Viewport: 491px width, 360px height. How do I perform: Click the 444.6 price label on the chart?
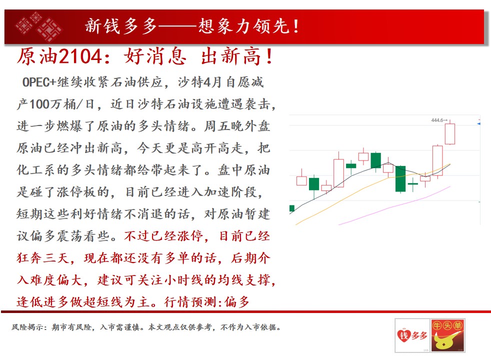[x=437, y=120]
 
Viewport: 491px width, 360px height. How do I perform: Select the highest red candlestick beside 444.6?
[x=450, y=133]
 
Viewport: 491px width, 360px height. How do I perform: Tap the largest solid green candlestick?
[x=400, y=178]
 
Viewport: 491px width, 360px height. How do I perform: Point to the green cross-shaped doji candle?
[x=412, y=183]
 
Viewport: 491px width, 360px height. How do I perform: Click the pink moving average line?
[x=394, y=205]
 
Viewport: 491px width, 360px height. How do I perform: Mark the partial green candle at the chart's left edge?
[x=292, y=208]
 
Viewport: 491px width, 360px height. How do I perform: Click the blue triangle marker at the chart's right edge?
[x=478, y=124]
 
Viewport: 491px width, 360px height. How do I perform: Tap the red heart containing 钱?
[x=404, y=336]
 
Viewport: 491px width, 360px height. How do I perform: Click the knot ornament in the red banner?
[x=38, y=26]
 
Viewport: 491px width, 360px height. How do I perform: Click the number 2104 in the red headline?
[x=80, y=56]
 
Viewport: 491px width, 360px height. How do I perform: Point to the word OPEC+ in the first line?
[x=39, y=82]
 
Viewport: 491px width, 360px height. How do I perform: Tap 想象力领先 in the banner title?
[x=243, y=26]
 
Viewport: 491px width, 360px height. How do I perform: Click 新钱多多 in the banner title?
[x=121, y=26]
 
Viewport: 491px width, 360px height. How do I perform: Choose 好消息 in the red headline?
[x=155, y=56]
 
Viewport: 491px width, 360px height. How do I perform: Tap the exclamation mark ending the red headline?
[x=269, y=56]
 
